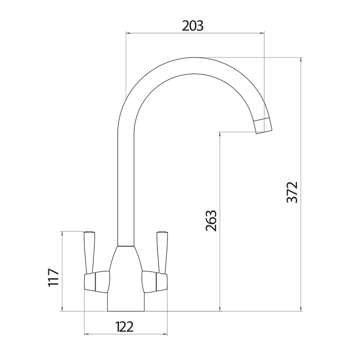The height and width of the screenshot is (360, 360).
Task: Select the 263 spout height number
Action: (x=211, y=221)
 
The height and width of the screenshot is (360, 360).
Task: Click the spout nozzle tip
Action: (x=263, y=125)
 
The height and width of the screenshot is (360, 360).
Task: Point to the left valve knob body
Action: (x=95, y=281)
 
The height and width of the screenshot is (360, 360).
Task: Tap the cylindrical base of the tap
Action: (x=126, y=303)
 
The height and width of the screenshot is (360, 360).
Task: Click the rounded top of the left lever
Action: (x=90, y=233)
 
